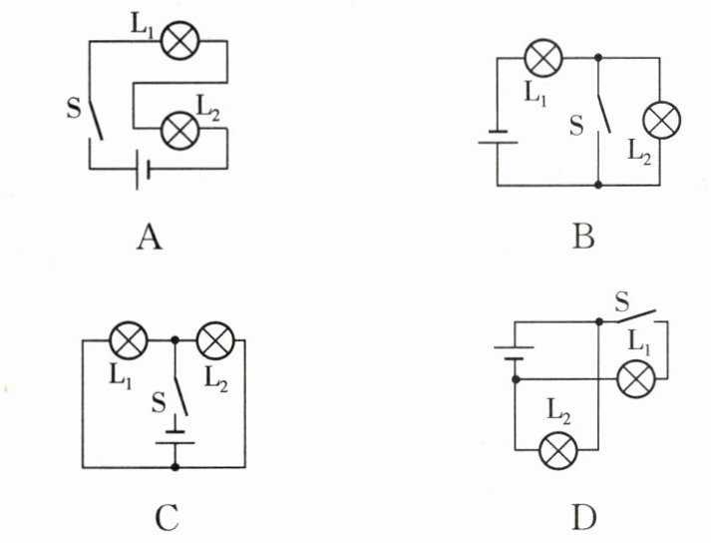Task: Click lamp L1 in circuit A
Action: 180,40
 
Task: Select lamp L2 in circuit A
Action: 180,131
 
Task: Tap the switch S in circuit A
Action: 95,120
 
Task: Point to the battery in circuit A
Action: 143,169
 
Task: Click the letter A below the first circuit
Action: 150,238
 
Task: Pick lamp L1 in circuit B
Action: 543,58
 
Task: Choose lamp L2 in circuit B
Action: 661,120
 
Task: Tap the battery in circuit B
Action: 498,137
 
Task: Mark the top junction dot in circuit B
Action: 598,58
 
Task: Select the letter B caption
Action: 582,238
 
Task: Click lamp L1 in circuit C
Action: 130,340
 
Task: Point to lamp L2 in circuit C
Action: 215,340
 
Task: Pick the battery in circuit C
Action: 176,437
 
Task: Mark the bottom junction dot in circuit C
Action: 176,467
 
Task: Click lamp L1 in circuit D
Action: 636,378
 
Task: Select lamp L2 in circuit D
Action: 558,450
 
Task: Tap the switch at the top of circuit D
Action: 636,316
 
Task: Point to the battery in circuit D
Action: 515,353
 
